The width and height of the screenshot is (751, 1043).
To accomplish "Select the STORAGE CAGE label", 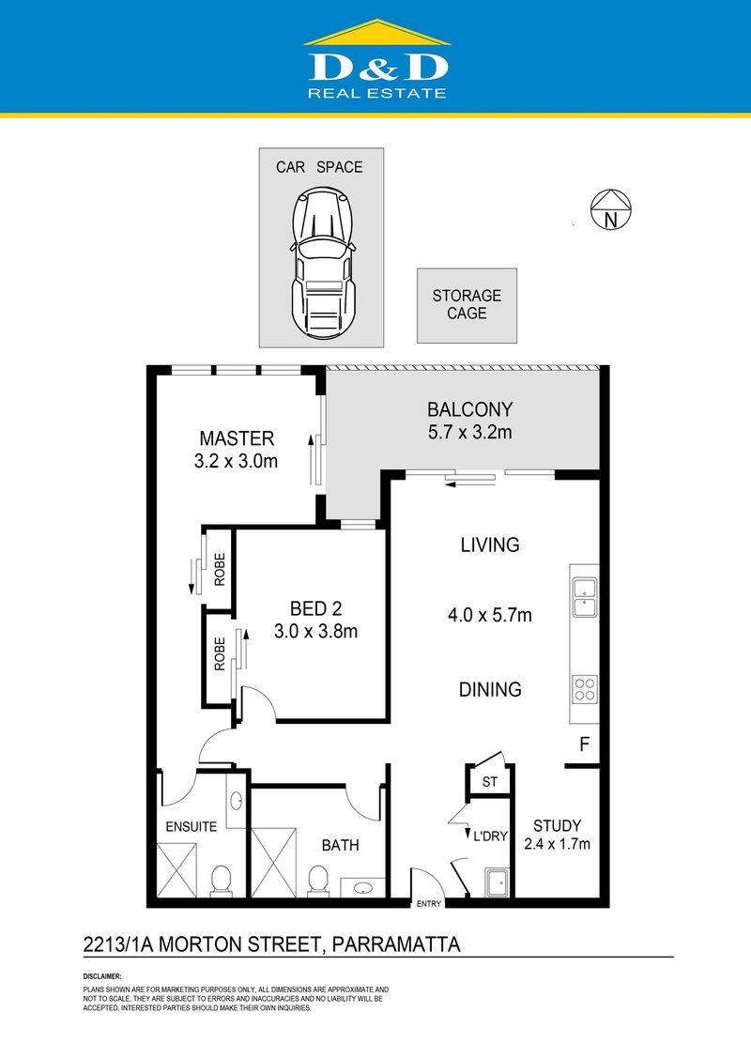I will [467, 304].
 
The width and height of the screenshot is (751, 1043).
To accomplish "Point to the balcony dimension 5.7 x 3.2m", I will [470, 433].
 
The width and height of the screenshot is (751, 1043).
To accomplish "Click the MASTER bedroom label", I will [237, 438].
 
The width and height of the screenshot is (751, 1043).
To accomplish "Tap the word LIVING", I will [490, 545].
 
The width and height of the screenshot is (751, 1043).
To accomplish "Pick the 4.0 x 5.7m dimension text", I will [490, 616].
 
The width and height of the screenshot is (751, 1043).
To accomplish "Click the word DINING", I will [490, 689].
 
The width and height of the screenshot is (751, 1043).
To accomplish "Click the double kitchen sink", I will [584, 598].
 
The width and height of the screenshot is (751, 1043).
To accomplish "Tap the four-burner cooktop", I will [584, 690].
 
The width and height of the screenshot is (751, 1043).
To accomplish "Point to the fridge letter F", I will [583, 746].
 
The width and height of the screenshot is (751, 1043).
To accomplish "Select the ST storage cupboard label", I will [488, 782].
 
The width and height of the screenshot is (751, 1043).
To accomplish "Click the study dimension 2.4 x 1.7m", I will [557, 844].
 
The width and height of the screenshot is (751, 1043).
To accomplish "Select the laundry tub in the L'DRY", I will [496, 883].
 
